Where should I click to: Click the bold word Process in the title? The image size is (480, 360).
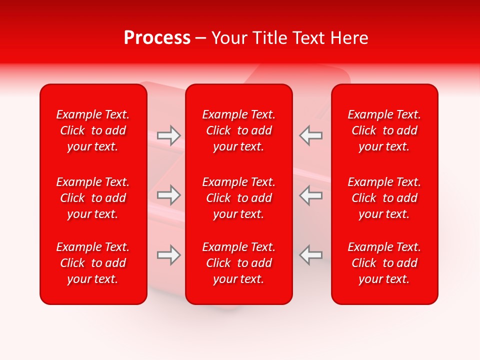157,38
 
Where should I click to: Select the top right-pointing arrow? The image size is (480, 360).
169,135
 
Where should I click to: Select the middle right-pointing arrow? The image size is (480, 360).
169,195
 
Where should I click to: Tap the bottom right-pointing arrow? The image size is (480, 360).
169,255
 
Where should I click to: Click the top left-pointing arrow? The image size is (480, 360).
310,135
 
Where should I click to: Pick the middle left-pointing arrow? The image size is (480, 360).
310,195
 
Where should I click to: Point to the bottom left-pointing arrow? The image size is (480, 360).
310,255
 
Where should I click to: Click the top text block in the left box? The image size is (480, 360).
93,130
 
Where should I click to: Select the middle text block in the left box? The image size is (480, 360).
93,198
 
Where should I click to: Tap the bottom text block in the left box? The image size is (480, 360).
93,263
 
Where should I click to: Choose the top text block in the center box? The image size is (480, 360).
239,130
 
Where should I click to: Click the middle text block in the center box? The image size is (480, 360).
239,198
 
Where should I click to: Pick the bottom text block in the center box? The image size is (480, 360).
239,263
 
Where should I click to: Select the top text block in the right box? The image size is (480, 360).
384,130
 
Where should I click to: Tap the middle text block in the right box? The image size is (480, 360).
384,198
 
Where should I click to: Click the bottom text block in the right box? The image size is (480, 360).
384,263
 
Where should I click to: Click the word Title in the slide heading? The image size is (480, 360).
270,38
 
